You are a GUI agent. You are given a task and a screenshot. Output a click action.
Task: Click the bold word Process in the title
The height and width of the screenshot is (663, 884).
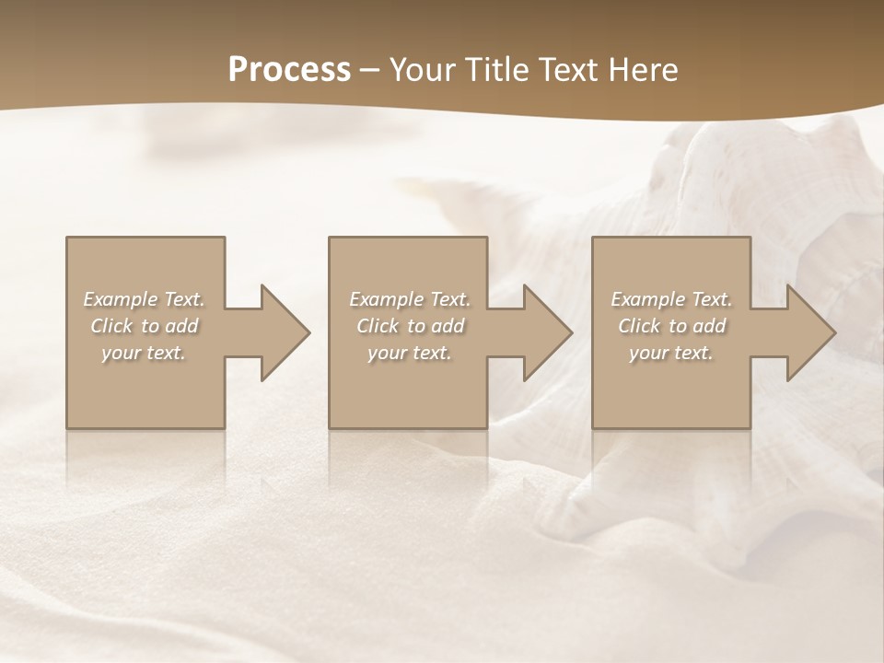[289, 70]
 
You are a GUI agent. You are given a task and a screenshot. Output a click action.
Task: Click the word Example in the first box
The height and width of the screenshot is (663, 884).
[120, 299]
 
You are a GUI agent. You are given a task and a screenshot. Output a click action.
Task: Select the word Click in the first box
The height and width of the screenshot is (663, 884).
[111, 326]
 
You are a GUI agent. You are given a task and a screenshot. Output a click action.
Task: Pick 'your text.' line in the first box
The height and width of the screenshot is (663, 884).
[144, 353]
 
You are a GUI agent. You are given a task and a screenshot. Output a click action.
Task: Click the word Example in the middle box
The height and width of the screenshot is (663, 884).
[386, 299]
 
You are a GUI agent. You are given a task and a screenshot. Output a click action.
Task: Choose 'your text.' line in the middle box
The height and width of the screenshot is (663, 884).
[409, 353]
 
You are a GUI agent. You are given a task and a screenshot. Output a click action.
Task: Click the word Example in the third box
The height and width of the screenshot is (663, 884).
[647, 299]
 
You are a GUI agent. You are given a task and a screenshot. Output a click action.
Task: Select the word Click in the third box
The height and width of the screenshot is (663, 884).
[639, 326]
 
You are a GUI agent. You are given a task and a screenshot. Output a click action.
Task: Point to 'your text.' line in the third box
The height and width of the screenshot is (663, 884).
[671, 353]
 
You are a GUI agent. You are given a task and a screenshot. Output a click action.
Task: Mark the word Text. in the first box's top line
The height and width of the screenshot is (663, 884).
[183, 299]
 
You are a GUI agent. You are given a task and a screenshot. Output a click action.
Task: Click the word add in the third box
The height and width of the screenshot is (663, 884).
[709, 326]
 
